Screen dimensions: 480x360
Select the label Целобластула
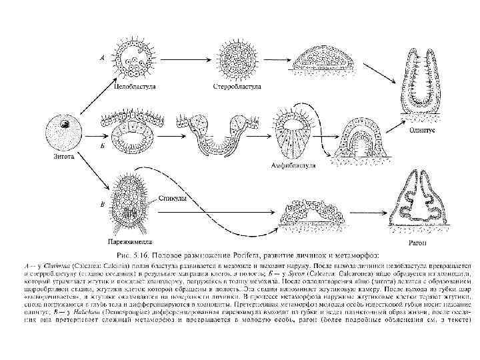tap(133, 86)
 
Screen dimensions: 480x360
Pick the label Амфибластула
tap(297, 164)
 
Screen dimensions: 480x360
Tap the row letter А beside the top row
tap(101, 59)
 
